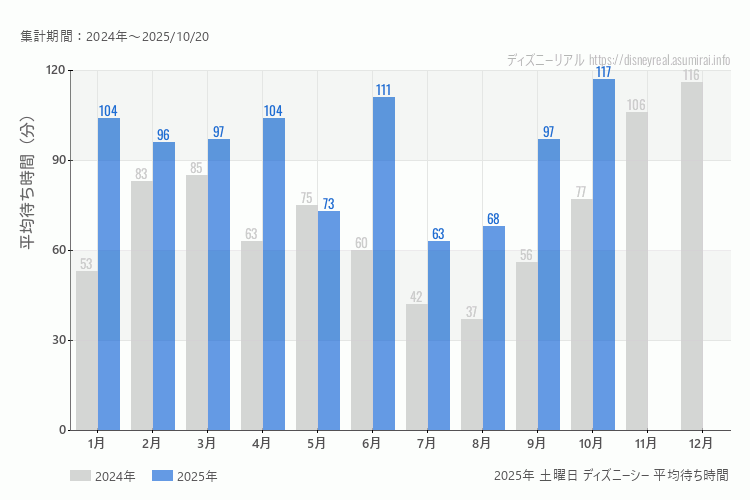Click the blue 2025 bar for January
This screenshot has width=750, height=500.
coord(109,274)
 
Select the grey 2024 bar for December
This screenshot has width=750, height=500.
coord(692,256)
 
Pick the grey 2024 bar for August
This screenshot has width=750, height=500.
coord(472,374)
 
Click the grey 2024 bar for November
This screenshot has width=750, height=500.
coord(637,271)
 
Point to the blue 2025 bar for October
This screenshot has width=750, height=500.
coord(604,254)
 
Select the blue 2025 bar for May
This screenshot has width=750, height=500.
coord(329,320)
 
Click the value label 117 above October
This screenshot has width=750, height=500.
coord(604,72)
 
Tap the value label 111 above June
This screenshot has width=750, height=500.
coord(384,90)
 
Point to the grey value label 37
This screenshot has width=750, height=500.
coord(472,312)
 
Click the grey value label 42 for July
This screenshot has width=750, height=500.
coord(417,297)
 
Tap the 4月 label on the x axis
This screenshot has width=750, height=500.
coord(262,442)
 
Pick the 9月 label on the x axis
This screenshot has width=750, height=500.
coord(537,442)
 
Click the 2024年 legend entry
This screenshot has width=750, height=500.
coord(102,476)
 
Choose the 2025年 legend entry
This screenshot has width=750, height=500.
coord(184,476)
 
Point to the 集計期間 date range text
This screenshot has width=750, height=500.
coord(114,36)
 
